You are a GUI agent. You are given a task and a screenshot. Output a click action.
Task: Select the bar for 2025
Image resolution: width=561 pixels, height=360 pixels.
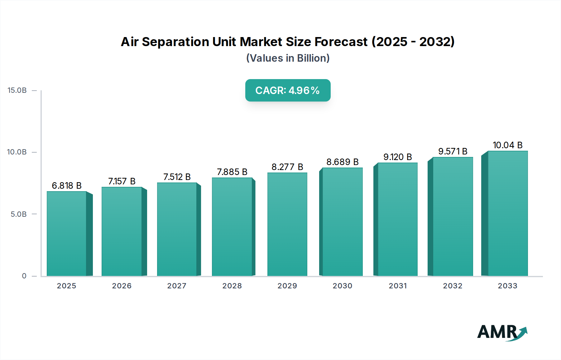pos(67,234)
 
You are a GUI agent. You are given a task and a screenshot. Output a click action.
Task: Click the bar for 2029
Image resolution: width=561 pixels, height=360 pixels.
pos(287,224)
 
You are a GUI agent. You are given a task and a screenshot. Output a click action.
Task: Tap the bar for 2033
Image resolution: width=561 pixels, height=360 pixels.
pos(507,213)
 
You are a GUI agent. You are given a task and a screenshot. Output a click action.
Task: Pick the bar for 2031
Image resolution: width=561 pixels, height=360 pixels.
pos(397,219)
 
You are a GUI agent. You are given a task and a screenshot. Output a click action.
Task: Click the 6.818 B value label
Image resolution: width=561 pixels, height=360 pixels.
pos(67,186)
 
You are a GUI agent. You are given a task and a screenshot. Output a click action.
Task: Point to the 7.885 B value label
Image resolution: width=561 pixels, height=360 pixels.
pos(232,172)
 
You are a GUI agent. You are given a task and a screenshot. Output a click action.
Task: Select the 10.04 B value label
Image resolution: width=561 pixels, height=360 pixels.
pos(507,145)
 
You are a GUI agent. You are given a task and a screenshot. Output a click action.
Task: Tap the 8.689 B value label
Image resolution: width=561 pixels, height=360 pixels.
pos(343,162)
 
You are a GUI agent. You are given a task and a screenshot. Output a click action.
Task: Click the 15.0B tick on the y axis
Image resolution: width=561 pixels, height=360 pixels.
pos(17,90)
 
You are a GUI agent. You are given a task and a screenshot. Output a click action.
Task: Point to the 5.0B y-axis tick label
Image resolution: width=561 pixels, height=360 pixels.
pos(19,214)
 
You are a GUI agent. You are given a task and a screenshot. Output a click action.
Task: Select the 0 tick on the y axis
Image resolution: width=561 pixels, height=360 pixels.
pos(24,276)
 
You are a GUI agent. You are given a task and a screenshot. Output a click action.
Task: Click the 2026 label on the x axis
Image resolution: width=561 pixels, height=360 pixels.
pos(122,286)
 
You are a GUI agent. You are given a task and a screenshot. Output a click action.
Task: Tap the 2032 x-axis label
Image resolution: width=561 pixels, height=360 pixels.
pos(453,286)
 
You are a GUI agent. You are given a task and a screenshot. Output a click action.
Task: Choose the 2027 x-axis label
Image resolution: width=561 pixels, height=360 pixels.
pos(177,286)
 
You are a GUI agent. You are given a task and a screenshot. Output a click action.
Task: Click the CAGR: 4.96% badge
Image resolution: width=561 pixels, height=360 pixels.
pos(288,90)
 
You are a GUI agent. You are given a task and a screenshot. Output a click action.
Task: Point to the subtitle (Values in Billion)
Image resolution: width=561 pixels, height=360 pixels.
pos(288,58)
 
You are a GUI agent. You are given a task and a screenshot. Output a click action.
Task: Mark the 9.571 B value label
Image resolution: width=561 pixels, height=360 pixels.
pos(453,151)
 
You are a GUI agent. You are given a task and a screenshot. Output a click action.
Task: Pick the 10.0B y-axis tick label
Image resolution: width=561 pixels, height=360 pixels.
pos(17,152)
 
